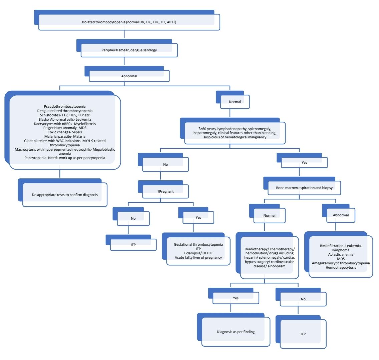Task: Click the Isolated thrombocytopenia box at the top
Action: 129,22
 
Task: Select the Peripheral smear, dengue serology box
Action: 129,50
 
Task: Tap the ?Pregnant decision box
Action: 165,191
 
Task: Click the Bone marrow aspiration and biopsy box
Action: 304,188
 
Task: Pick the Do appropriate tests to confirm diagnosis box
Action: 65,195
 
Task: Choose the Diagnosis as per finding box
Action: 236,332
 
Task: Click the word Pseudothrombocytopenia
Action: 65,106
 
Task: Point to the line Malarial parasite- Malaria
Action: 65,136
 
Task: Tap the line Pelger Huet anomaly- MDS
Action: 65,128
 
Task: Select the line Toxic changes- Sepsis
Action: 65,132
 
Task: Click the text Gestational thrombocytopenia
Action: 198,244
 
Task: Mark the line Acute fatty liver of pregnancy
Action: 198,257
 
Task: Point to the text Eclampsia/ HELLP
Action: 198,253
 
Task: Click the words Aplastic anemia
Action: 341,254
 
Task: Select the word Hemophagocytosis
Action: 341,267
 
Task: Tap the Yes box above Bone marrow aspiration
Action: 304,162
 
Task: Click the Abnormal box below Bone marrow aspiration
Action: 341,215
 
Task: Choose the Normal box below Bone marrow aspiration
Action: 269,215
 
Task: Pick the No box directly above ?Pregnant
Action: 165,164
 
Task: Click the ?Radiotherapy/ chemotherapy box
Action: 269,258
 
